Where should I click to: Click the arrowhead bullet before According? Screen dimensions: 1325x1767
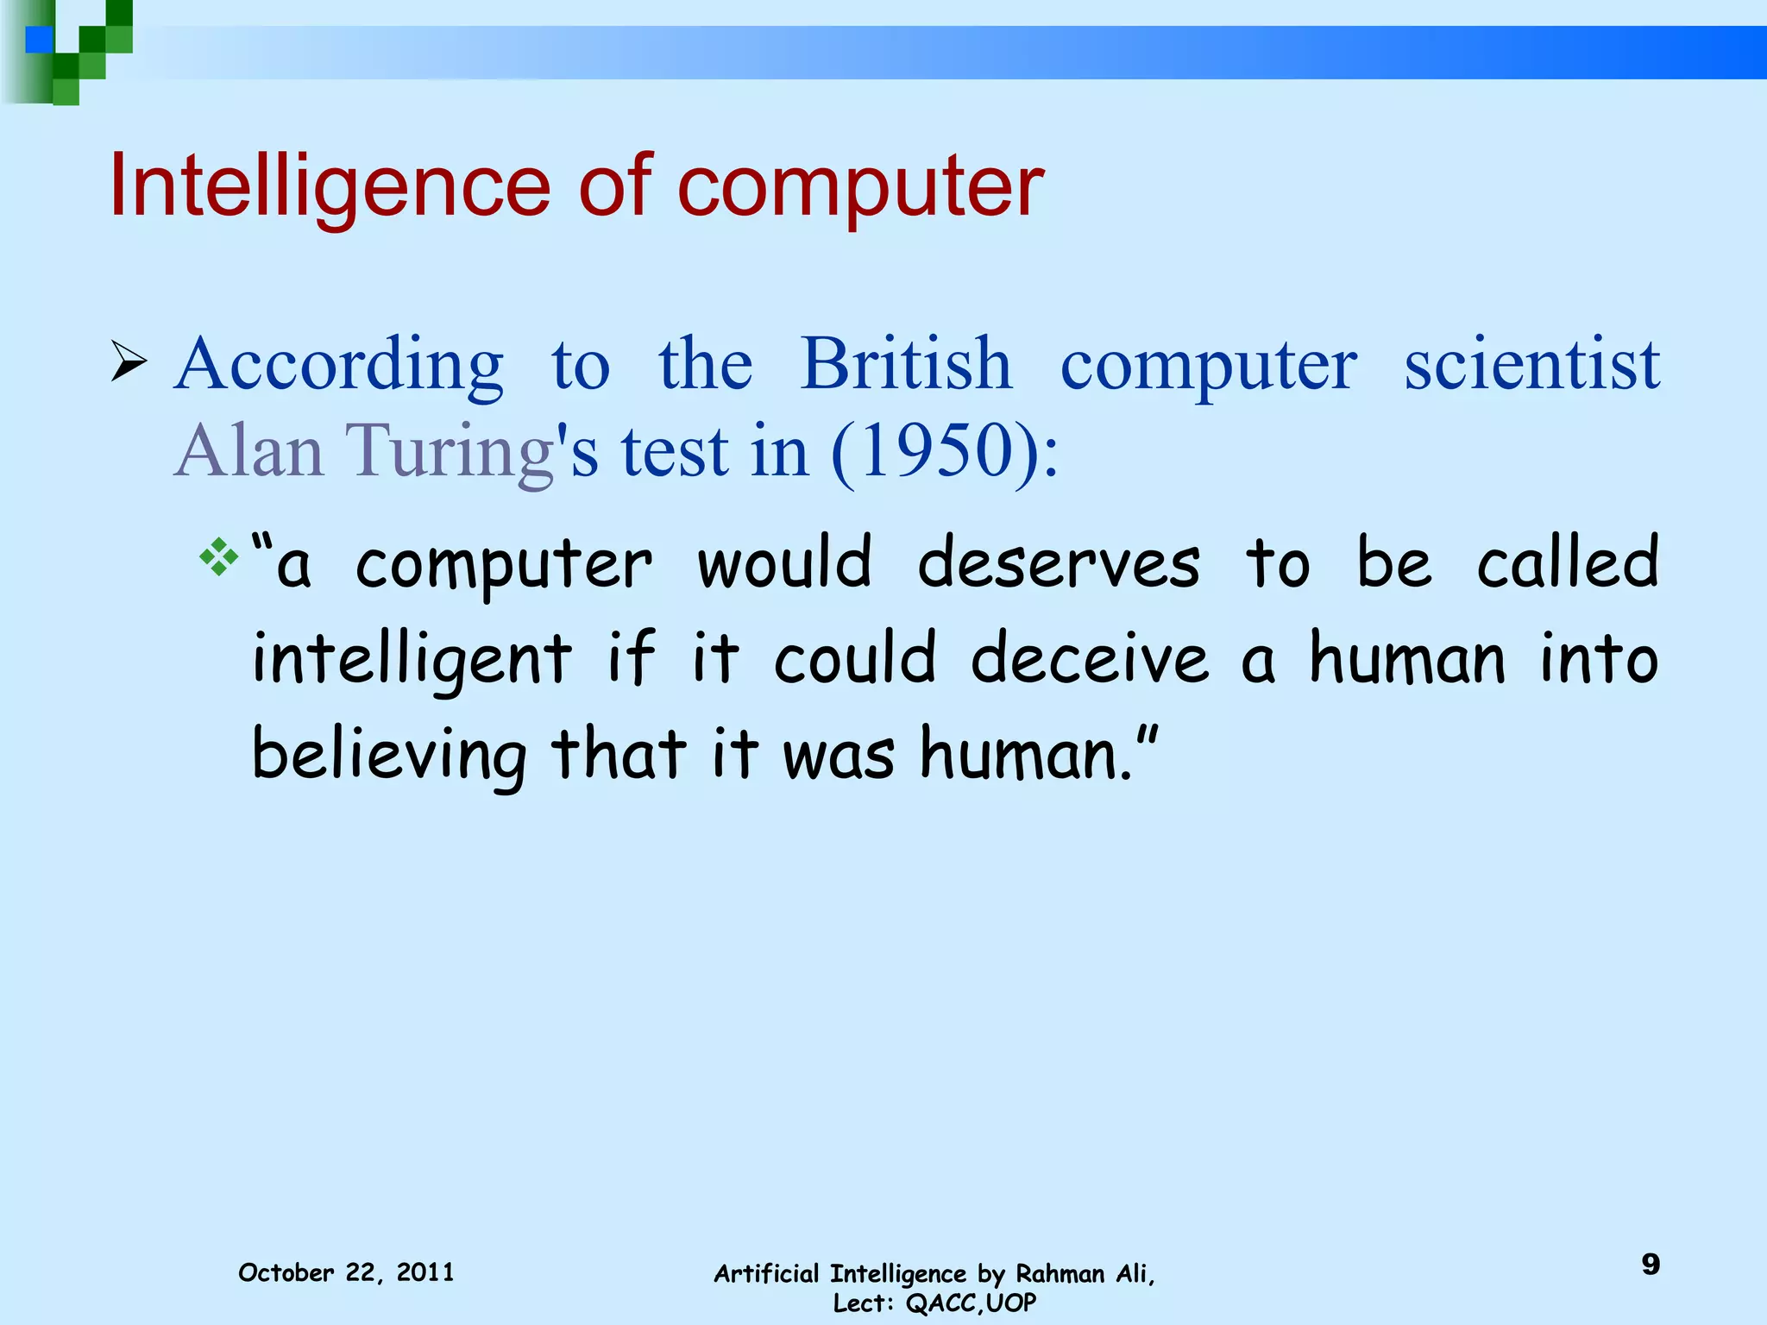click(x=129, y=363)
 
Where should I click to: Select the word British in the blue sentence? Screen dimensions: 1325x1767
click(x=906, y=363)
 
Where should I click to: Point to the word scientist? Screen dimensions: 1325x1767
click(x=1531, y=363)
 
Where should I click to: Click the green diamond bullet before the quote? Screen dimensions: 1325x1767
click(x=218, y=557)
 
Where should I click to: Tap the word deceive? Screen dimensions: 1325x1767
click(x=1090, y=658)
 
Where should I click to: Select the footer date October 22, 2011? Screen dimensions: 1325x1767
click(x=346, y=1272)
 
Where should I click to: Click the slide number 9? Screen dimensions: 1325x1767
click(x=1650, y=1265)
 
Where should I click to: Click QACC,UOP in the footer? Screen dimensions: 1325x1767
click(x=971, y=1303)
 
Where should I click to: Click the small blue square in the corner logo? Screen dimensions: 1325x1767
click(x=39, y=40)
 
